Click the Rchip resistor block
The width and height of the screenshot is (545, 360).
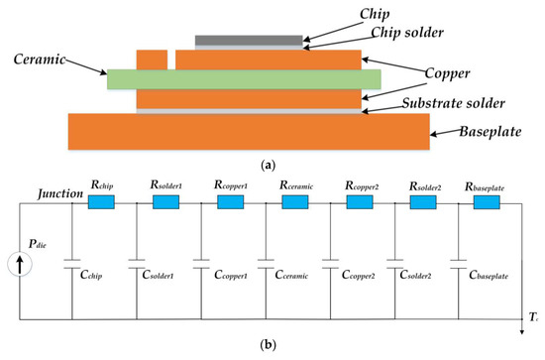coord(102,202)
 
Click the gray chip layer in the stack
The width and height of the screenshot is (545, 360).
coord(249,40)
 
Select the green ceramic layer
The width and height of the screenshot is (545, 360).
coord(244,78)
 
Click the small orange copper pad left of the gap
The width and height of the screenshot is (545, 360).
coord(151,60)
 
